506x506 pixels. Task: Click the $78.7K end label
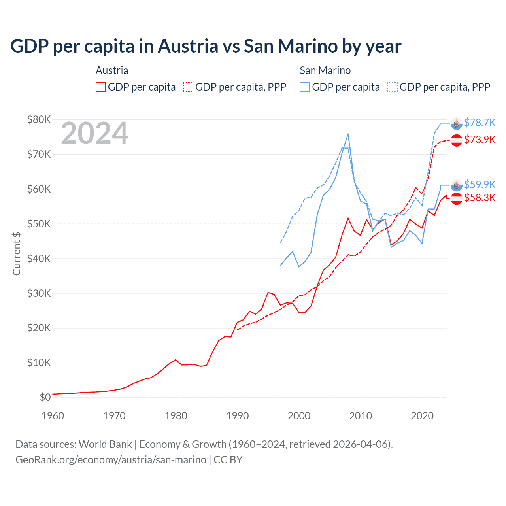(x=480, y=123)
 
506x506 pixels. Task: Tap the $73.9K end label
(x=480, y=140)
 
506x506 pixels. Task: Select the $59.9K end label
(x=480, y=185)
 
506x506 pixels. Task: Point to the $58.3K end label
(x=480, y=198)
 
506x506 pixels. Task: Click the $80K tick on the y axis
(x=39, y=119)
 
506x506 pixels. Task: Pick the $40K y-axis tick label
(x=39, y=259)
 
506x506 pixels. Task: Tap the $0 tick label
(x=45, y=397)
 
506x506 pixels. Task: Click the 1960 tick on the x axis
(x=53, y=416)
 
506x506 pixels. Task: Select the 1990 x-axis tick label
(x=238, y=416)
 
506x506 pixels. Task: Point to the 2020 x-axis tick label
(x=422, y=416)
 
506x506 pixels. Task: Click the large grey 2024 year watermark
(x=94, y=134)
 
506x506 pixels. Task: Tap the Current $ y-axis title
(x=17, y=254)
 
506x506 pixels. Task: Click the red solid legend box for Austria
(x=101, y=87)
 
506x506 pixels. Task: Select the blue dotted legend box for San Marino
(x=393, y=87)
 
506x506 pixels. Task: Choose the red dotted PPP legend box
(x=188, y=87)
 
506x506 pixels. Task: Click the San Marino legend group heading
(x=325, y=70)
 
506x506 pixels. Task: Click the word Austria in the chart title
(x=188, y=46)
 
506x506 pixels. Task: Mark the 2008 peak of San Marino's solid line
(x=348, y=134)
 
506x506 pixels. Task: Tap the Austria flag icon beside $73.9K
(x=457, y=140)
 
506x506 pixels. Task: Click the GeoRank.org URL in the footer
(x=111, y=460)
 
